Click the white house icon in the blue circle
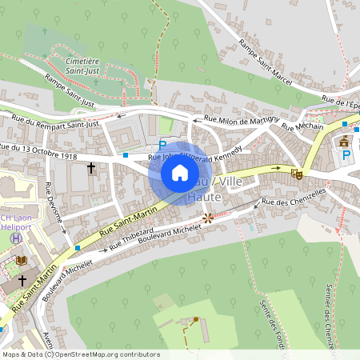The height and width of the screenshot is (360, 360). click(179, 172)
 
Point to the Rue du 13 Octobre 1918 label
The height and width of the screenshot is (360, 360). click(38, 150)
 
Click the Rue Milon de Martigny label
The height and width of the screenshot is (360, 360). click(242, 119)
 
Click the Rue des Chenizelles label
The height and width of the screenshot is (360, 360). click(294, 198)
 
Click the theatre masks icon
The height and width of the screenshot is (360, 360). click(296, 173)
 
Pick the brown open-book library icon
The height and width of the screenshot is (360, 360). click(21, 260)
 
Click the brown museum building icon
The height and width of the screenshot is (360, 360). click(345, 142)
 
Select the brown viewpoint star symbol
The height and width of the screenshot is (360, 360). click(208, 217)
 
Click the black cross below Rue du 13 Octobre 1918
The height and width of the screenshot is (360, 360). click(91, 168)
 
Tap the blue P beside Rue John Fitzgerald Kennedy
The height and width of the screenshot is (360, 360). click(163, 146)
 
